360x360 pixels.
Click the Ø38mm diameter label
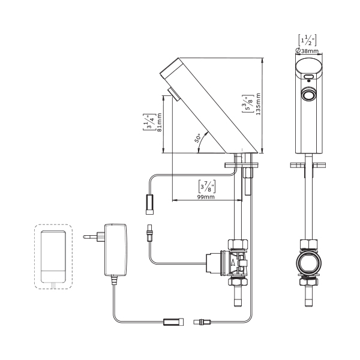click(308, 51)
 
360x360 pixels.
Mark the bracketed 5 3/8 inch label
click(247, 103)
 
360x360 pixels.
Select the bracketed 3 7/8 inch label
click(206, 185)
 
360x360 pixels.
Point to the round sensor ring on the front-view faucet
click(309, 95)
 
